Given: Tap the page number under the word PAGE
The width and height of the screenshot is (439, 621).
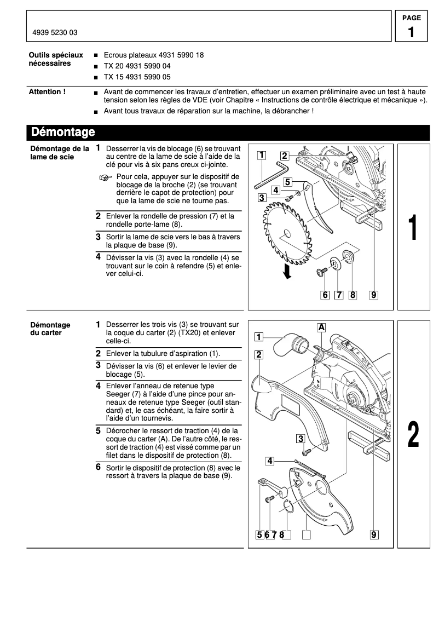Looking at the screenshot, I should (x=411, y=32).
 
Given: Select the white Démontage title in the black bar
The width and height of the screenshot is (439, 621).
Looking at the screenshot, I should (x=63, y=132).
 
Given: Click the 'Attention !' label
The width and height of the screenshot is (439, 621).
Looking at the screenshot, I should (x=47, y=92).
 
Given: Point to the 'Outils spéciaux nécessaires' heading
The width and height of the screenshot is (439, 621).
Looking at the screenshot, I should (x=56, y=59).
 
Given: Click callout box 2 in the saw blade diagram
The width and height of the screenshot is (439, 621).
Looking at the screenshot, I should (x=285, y=155).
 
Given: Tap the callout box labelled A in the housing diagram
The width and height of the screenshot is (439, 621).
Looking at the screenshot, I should (x=322, y=327).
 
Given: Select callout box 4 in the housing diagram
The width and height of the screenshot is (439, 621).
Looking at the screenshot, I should (x=270, y=461).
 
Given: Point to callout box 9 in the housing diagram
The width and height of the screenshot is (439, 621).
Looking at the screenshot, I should (x=374, y=534).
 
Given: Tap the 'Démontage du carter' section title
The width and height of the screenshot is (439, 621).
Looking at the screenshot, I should (x=50, y=329).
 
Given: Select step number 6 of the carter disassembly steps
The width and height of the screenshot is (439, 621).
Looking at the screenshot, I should (x=98, y=467).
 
